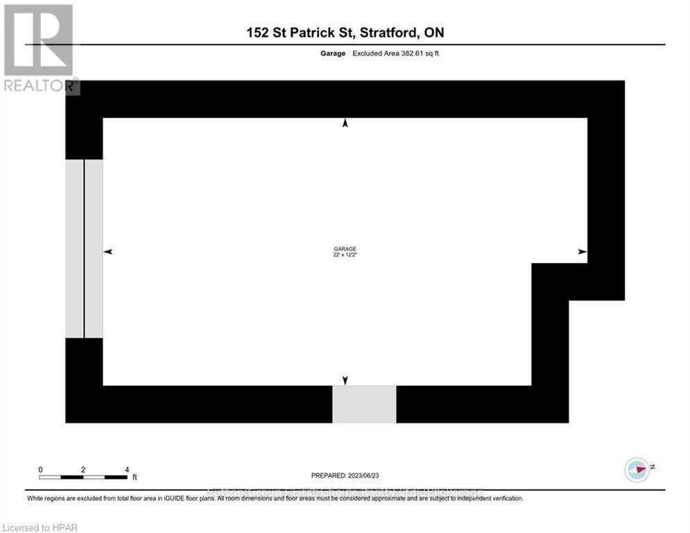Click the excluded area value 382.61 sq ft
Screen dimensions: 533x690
pos(395,53)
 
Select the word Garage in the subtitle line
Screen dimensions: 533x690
pos(333,53)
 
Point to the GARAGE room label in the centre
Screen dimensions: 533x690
pos(345,249)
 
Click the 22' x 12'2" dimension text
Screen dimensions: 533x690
pos(345,255)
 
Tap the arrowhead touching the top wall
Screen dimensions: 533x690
pos(345,123)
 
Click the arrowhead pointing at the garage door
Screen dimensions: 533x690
pos(107,251)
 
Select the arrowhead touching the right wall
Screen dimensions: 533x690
pos(583,251)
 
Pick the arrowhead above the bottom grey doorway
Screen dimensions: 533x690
pos(345,380)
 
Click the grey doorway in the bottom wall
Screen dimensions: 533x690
pos(364,405)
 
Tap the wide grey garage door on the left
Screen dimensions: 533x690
pos(84,248)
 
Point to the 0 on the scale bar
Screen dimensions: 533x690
pos(41,470)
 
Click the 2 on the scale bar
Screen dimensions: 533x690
pos(83,470)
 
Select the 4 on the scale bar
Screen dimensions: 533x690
pos(126,470)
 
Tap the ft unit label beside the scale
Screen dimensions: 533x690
pos(135,477)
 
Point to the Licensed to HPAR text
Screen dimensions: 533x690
pos(40,527)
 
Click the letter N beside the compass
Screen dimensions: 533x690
pos(653,467)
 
